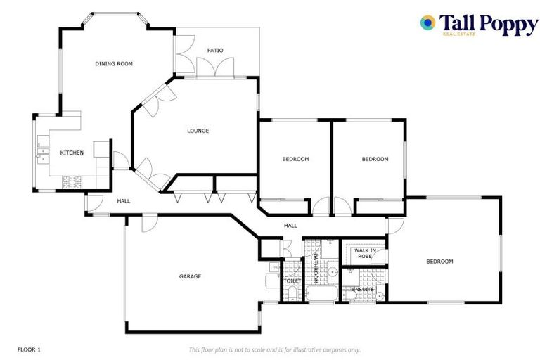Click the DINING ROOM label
pos(114,64)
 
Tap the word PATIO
pos(215,51)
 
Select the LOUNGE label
pos(198,131)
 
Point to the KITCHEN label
pos(72,153)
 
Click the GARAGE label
pos(190,276)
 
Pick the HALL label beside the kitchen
pos(124,201)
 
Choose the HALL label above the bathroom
pos(290,226)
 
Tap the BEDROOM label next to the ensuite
pos(439,262)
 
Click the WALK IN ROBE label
pos(364,253)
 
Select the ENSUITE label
pos(364,289)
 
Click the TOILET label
pos(292,281)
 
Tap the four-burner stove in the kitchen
pos(72,183)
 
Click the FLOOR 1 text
pos(29,349)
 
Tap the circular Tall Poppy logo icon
pos(427,23)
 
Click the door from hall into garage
pos(149,223)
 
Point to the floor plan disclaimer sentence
pos(274,349)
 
